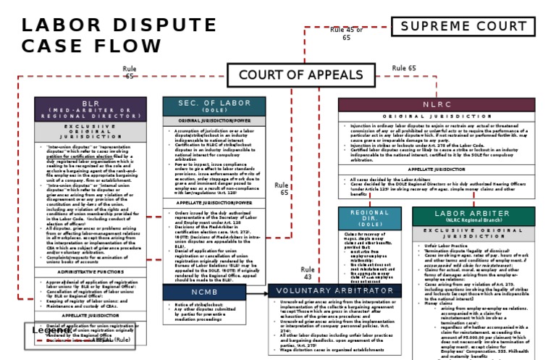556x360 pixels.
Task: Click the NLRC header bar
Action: [x=437, y=104]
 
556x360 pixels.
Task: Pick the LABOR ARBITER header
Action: [x=485, y=215]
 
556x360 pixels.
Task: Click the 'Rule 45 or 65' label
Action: [x=346, y=33]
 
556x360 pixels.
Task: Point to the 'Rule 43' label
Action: [x=308, y=272]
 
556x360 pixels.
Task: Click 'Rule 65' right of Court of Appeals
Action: [x=404, y=68]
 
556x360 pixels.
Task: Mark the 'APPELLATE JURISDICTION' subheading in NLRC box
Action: [x=437, y=169]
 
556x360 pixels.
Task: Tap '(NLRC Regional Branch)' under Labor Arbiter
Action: [x=485, y=219]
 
